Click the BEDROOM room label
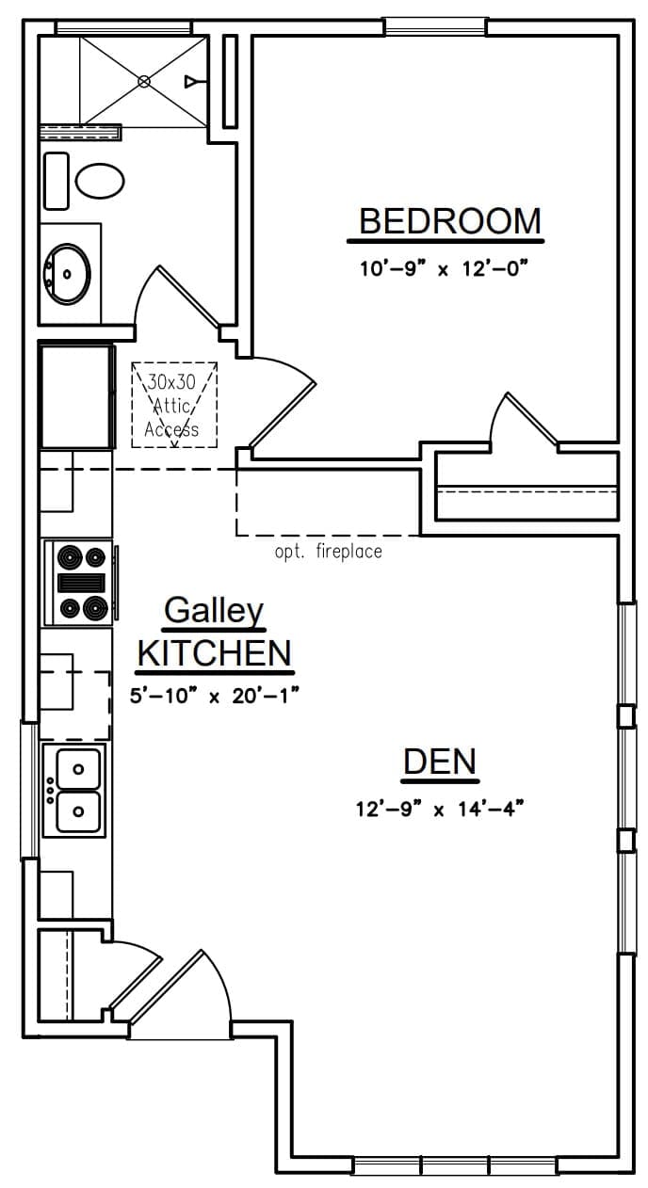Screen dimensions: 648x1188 click(x=450, y=221)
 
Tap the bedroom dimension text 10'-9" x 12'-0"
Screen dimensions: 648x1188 click(x=445, y=269)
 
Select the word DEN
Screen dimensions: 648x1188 click(x=440, y=762)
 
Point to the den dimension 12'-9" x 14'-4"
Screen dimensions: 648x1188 click(x=440, y=810)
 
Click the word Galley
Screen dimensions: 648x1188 click(x=214, y=611)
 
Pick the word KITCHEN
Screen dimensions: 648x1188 click(x=215, y=653)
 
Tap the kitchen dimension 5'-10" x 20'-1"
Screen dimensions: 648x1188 click(x=215, y=696)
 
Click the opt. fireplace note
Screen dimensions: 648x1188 click(x=328, y=552)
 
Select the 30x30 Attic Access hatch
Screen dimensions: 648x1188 click(x=174, y=405)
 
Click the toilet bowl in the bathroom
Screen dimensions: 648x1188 click(x=100, y=181)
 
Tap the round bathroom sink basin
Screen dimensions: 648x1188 click(x=67, y=274)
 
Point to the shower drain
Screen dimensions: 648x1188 click(x=143, y=82)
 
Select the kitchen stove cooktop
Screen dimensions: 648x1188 click(x=80, y=583)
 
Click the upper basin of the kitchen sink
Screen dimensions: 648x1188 click(x=78, y=769)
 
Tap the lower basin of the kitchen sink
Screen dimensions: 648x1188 click(x=78, y=811)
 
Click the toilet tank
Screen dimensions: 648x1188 click(x=56, y=181)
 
